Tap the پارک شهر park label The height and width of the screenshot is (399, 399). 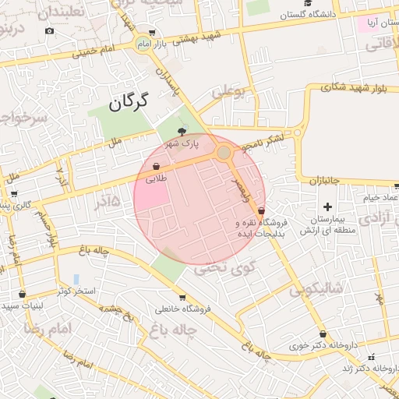point(181,143)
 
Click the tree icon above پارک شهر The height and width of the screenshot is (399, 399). point(182,132)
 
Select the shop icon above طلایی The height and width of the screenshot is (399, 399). point(156,167)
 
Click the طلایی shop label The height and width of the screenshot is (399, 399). point(155,178)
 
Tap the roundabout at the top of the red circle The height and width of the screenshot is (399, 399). point(224,153)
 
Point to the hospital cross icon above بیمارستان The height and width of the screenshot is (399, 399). point(327,207)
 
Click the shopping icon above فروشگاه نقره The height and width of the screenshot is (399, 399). point(260,210)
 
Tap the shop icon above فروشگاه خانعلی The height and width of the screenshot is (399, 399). point(182,298)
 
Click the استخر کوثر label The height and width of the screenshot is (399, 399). point(76,291)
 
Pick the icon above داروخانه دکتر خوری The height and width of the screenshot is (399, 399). point(323,334)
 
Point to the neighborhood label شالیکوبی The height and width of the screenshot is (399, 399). point(315,291)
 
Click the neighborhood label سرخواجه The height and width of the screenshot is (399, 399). point(23,118)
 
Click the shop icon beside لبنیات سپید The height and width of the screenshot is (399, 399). point(21,295)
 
